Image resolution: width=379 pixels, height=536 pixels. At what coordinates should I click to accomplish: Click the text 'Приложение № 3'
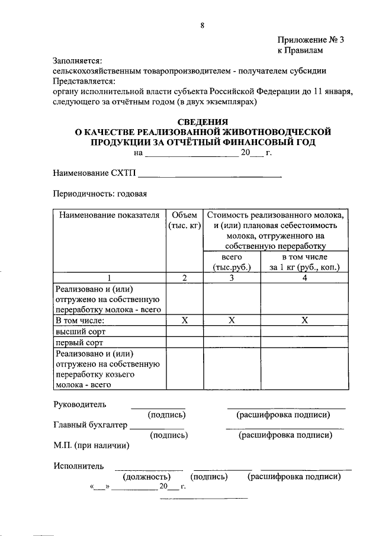(x=310, y=40)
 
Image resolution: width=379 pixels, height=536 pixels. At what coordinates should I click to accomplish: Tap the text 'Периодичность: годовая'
(x=99, y=194)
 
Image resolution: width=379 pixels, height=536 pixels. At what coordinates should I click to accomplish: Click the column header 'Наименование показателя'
(x=109, y=214)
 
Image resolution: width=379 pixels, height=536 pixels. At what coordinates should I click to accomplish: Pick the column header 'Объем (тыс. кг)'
(x=184, y=220)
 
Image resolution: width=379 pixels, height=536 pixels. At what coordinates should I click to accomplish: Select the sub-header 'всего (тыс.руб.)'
(x=232, y=262)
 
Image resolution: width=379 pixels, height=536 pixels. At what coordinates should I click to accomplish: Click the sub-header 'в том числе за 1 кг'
(x=304, y=262)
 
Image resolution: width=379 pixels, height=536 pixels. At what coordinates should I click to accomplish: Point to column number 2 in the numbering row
(x=184, y=277)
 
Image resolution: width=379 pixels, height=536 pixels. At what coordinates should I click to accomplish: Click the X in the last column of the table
(x=304, y=320)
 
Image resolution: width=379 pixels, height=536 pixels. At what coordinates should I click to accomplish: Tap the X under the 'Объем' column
(x=184, y=320)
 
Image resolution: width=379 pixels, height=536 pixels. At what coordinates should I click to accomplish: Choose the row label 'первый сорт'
(x=79, y=342)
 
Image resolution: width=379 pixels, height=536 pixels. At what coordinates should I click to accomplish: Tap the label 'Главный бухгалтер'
(x=89, y=424)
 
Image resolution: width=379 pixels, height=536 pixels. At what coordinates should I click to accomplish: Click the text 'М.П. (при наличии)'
(x=91, y=445)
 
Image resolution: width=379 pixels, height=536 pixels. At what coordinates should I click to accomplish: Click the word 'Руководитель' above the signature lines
(x=79, y=405)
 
